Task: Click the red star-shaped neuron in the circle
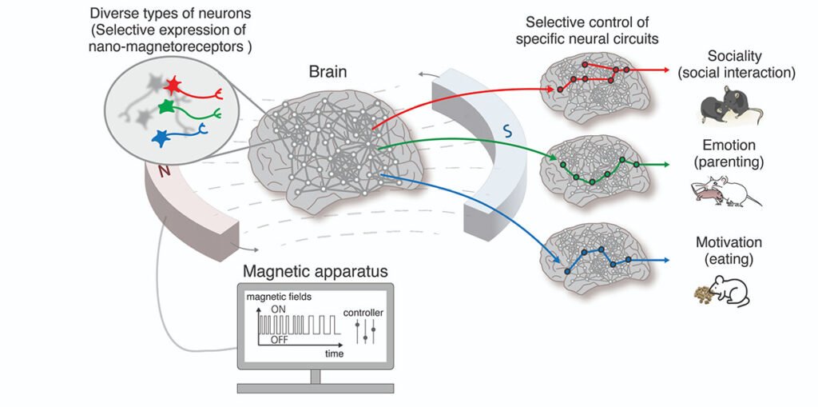coord(172,85)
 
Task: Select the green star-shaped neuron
coord(166,107)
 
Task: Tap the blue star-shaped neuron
coord(161,138)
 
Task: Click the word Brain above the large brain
coord(328,72)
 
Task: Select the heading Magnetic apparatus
coord(316,272)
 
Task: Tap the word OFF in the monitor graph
coord(280,340)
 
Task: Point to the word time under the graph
coord(335,353)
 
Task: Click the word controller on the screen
coord(363,313)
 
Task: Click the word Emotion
coord(729,146)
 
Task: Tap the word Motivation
coord(729,242)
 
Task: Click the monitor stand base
coord(315,388)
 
